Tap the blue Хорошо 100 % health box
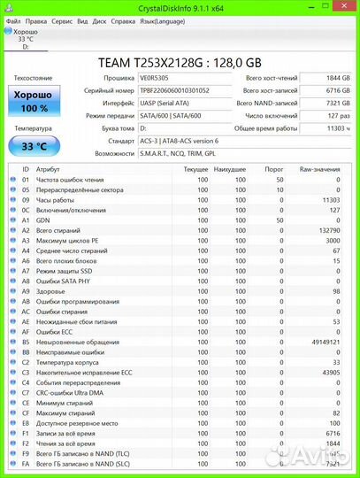(34, 100)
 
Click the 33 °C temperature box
(34, 146)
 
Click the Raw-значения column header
(318, 168)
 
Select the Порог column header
(273, 168)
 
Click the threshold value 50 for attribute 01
(279, 180)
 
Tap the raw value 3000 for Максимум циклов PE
(332, 240)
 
